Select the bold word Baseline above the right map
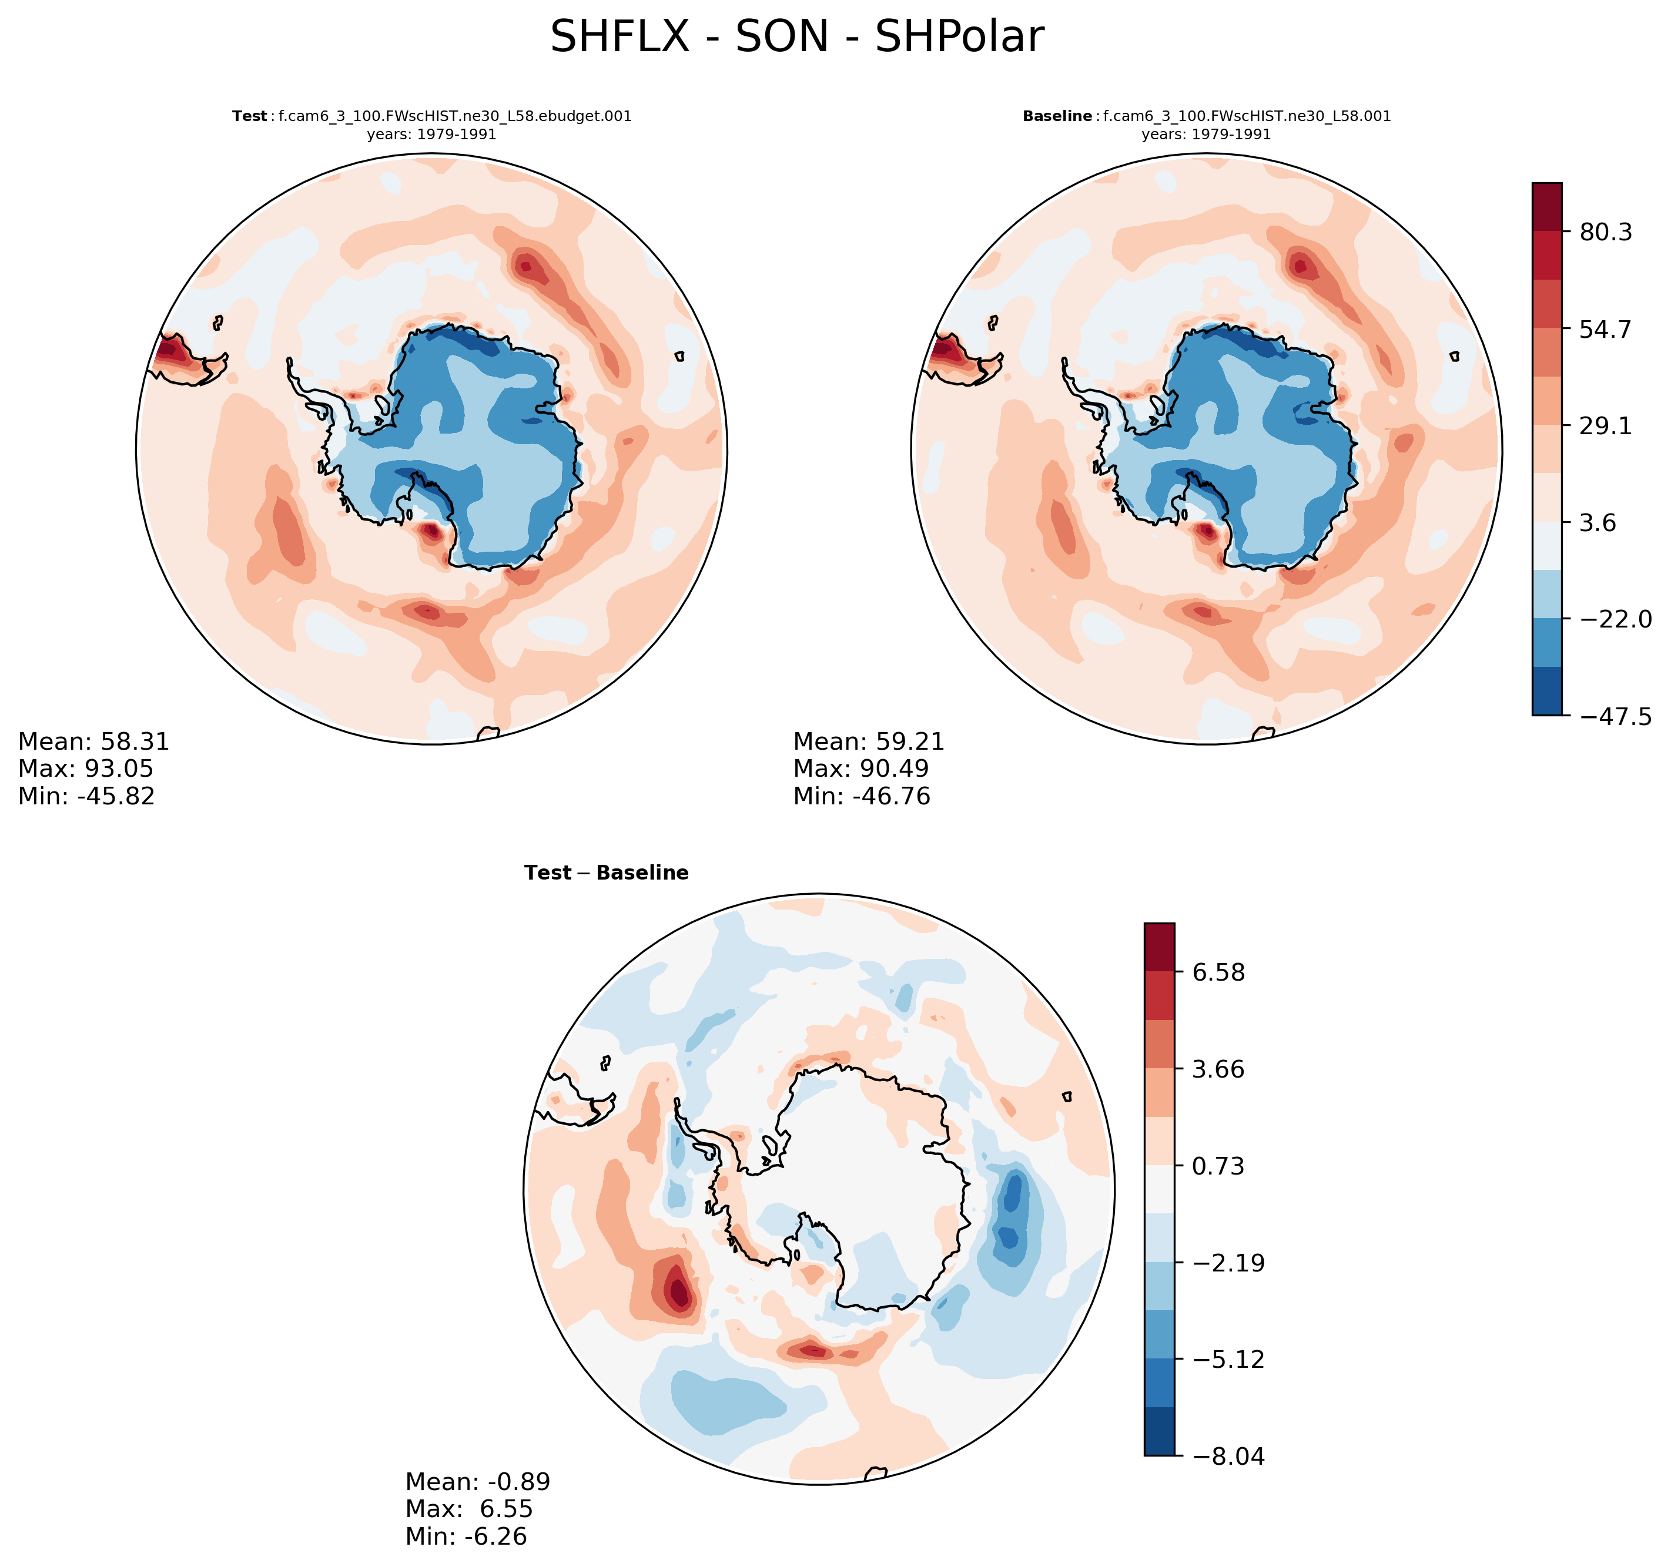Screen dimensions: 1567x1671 [x=1057, y=116]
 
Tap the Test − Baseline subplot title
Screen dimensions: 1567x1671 [x=606, y=873]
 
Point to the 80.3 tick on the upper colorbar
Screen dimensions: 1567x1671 [x=1605, y=232]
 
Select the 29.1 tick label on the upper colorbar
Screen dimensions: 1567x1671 [x=1605, y=426]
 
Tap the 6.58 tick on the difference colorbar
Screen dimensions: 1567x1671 [x=1217, y=972]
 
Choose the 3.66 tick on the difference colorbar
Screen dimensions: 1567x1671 [x=1217, y=1069]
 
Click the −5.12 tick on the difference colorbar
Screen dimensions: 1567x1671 [x=1227, y=1358]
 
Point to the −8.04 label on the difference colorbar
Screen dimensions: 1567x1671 [x=1227, y=1456]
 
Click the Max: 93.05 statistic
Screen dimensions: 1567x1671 [x=86, y=769]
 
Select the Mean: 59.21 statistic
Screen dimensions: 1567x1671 [x=868, y=742]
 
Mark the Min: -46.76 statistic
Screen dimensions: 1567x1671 [x=862, y=796]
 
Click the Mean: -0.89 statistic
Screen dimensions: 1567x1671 [x=477, y=1481]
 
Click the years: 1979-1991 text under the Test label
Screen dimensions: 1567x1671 [x=431, y=135]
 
